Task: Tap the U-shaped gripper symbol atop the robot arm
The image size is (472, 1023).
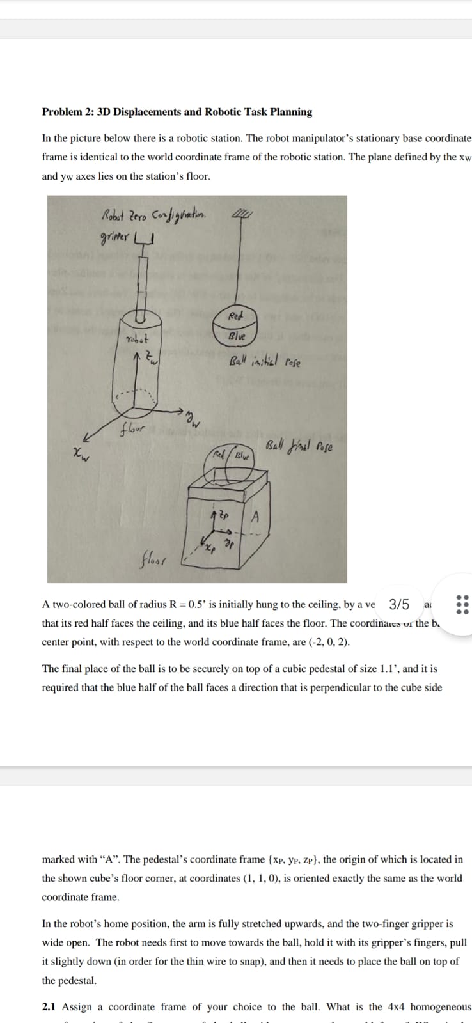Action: (x=146, y=240)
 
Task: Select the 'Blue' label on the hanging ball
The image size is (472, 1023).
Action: (x=234, y=336)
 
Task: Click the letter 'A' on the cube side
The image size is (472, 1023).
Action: (x=256, y=515)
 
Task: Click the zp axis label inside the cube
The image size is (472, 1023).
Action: (x=221, y=513)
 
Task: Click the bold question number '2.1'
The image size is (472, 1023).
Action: (x=49, y=1007)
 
